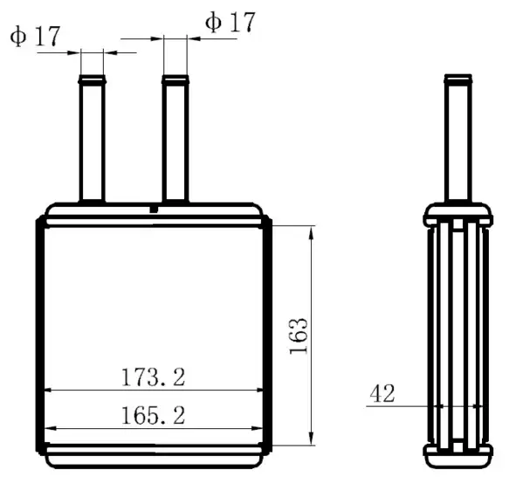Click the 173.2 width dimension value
point(153,377)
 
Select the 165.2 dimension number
point(153,415)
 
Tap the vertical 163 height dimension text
point(299,336)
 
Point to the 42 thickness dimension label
point(382,393)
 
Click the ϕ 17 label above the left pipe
point(35,36)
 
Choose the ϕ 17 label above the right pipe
point(230,22)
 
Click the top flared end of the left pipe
point(93,79)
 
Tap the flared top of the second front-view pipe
point(175,79)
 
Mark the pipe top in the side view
point(457,79)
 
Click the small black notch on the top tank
point(154,210)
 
